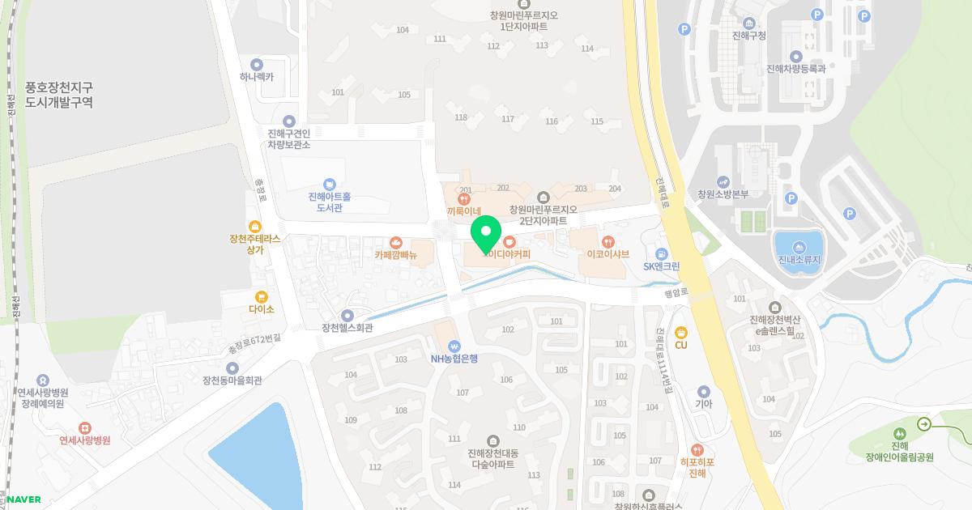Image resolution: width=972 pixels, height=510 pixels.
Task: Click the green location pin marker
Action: click(x=486, y=234)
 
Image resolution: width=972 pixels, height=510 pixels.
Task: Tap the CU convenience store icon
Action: click(x=681, y=331)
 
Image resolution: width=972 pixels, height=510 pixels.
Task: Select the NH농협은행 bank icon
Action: click(x=454, y=345)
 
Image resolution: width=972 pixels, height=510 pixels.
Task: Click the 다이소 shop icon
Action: click(x=262, y=297)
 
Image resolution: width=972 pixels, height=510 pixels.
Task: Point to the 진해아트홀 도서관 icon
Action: click(x=329, y=185)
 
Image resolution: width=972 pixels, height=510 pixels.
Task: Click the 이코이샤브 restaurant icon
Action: click(x=608, y=241)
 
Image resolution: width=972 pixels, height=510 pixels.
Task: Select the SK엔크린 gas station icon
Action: click(x=662, y=254)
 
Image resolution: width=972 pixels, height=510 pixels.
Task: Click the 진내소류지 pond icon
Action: click(x=799, y=247)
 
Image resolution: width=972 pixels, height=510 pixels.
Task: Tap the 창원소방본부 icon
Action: click(x=723, y=182)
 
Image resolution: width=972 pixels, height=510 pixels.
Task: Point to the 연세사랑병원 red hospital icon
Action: click(x=84, y=427)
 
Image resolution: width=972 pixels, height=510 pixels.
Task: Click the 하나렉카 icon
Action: click(x=257, y=65)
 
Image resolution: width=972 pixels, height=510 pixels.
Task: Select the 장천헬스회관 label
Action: click(x=347, y=328)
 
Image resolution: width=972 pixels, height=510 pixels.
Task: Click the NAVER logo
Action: click(x=23, y=499)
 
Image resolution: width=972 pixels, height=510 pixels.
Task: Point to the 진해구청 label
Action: click(x=748, y=36)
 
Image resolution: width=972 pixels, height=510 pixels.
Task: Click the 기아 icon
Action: click(x=703, y=392)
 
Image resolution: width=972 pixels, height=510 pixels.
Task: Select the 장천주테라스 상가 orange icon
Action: click(x=255, y=226)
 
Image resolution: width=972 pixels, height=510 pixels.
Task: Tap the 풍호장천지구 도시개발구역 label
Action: click(x=59, y=95)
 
